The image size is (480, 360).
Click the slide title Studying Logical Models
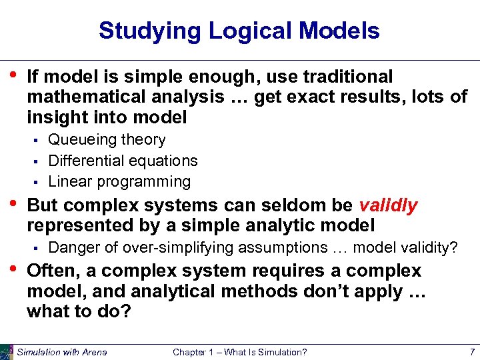point(239,31)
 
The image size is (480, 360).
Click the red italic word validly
point(388,205)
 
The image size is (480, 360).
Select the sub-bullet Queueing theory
point(107,140)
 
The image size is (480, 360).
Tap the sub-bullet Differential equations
point(123,161)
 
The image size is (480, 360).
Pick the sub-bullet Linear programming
point(119,181)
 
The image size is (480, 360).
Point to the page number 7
point(471,352)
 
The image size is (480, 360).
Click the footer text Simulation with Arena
point(61,352)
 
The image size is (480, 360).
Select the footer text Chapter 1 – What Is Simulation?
point(239,352)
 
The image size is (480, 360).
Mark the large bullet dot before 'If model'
point(13,75)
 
